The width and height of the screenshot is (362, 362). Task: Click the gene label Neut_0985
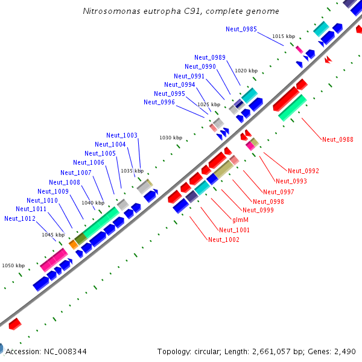pyautogui.click(x=241, y=29)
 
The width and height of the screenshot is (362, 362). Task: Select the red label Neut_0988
pyautogui.click(x=338, y=139)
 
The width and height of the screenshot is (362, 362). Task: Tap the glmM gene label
pyautogui.click(x=241, y=220)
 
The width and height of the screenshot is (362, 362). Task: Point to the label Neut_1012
pyautogui.click(x=20, y=218)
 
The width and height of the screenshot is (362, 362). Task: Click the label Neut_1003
pyautogui.click(x=122, y=136)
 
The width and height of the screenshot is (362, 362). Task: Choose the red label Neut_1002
pyautogui.click(x=224, y=240)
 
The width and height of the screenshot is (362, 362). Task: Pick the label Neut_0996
pyautogui.click(x=159, y=103)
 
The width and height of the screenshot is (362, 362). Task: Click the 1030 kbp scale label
pyautogui.click(x=171, y=138)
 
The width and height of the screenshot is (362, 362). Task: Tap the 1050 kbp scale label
pyautogui.click(x=13, y=265)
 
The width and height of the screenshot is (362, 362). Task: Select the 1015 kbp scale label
pyautogui.click(x=284, y=36)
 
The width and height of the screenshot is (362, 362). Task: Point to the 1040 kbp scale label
pyautogui.click(x=93, y=203)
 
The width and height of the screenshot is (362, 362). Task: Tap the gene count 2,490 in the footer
pyautogui.click(x=345, y=351)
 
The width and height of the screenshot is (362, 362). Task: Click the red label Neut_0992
pyautogui.click(x=303, y=171)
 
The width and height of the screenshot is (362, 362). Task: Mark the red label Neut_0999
pyautogui.click(x=258, y=210)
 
